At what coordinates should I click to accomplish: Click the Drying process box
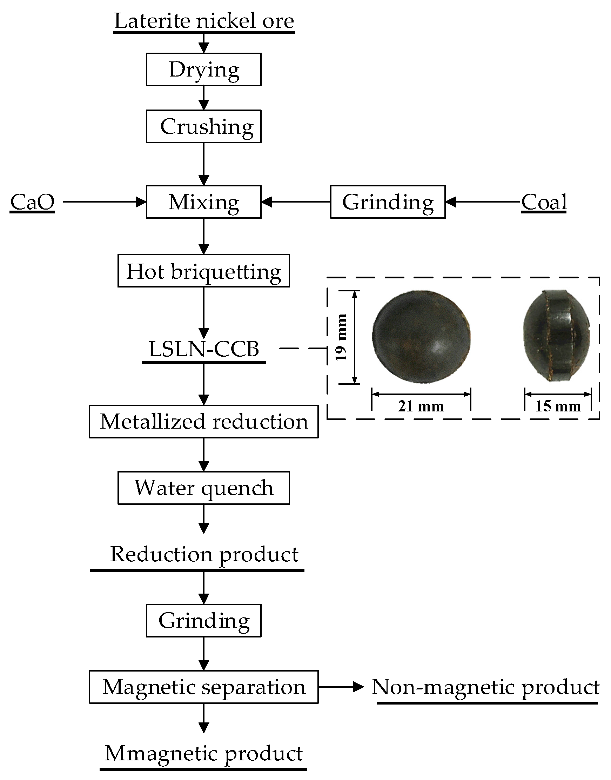click(x=203, y=70)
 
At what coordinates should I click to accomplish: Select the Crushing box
click(x=203, y=126)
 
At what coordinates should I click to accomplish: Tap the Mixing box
click(x=203, y=202)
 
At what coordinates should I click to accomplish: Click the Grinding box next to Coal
click(x=388, y=202)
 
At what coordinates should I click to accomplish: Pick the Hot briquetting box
click(x=203, y=271)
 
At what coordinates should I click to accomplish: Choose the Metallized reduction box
click(x=203, y=421)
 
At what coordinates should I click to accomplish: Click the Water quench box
click(x=203, y=488)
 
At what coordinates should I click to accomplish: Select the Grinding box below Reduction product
click(x=203, y=620)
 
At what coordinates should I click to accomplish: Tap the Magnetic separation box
click(x=203, y=687)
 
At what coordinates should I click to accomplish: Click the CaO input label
click(x=32, y=202)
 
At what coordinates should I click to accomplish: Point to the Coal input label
click(x=544, y=202)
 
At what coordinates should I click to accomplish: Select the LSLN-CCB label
click(x=203, y=349)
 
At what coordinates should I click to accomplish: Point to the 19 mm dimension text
click(x=341, y=337)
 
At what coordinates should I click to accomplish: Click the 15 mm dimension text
click(x=558, y=406)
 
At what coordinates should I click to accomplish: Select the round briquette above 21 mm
click(x=421, y=337)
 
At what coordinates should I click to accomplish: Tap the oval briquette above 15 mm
click(x=556, y=336)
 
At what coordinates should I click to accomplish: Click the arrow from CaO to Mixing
click(x=104, y=202)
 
